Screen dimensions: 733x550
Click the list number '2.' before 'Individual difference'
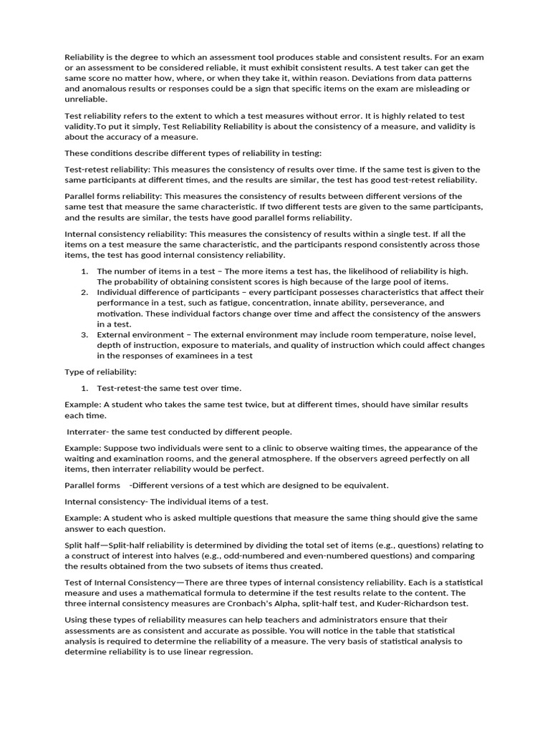[85, 292]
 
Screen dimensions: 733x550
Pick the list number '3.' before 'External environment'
[85, 334]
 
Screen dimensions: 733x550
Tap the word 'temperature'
[393, 334]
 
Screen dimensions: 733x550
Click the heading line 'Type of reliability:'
[100, 372]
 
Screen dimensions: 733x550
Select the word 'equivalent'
[363, 485]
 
